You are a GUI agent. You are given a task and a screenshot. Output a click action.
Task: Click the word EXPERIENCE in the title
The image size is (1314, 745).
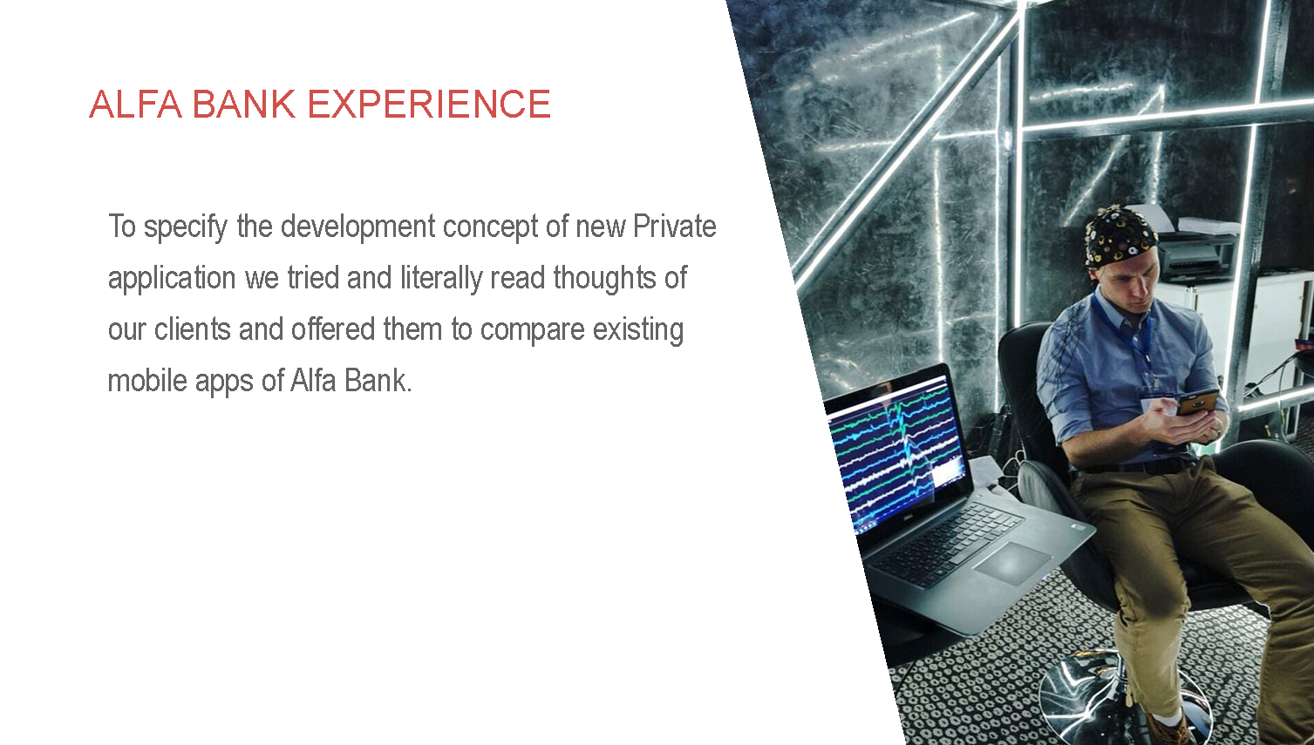coord(429,105)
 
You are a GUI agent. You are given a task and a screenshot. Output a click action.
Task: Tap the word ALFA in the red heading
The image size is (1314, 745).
coord(135,105)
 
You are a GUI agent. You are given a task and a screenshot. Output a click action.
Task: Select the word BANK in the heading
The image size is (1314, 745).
coord(244,105)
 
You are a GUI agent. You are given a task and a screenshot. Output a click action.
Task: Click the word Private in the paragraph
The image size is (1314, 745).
coord(675,227)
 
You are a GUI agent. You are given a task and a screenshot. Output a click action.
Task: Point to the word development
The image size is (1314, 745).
coord(357,227)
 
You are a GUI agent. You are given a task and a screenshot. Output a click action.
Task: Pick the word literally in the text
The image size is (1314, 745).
coord(441,279)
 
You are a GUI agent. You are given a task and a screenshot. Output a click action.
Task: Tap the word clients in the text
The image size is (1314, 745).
coord(193,329)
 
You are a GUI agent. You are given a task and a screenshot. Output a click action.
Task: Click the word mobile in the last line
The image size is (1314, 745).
coord(147,381)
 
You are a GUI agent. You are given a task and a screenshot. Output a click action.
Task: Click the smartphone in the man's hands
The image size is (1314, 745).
coord(1197,403)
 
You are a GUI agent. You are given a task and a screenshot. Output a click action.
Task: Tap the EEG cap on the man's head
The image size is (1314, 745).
coord(1120,235)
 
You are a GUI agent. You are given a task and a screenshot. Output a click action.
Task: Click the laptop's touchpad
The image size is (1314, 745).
coord(1011,563)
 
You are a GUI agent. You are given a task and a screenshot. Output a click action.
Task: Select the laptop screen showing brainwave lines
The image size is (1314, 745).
coord(896,451)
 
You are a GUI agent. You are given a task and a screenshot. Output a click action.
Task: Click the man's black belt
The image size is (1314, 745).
coord(1138,466)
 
